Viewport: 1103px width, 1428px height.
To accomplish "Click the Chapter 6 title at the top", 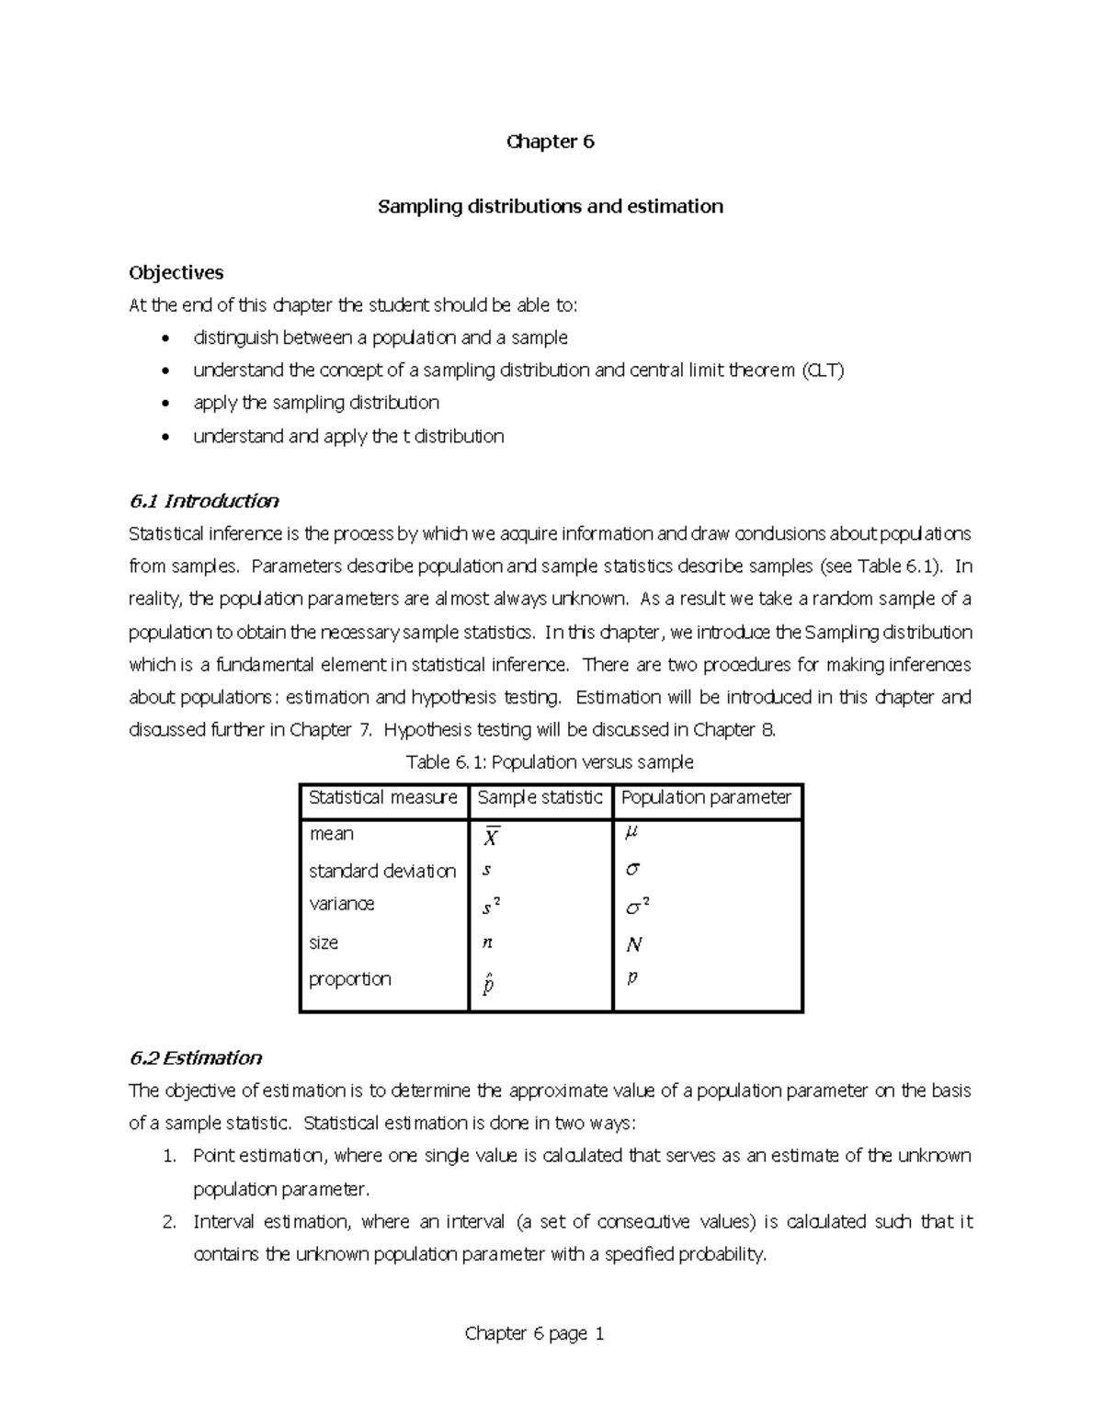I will point(551,142).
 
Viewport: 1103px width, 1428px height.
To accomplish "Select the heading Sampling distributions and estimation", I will point(551,206).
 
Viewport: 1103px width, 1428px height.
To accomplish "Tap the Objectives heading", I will point(176,272).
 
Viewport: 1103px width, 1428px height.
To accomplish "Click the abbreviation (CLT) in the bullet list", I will point(822,371).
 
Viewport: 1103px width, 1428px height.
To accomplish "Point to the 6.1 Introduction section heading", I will point(204,501).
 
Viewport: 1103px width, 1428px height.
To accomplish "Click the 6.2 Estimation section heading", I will point(196,1057).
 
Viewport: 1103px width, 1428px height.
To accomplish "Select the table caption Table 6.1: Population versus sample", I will point(550,762).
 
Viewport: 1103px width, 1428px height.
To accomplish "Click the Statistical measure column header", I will point(383,797).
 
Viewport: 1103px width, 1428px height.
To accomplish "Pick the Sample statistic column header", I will point(540,797).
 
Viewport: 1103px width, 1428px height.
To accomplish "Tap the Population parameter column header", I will point(706,797).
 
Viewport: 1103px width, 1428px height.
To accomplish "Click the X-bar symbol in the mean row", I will point(491,837).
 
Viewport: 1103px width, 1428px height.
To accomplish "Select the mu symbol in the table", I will point(631,833).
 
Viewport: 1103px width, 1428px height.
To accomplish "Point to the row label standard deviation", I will point(382,871).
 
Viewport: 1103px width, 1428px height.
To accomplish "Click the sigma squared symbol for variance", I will point(637,908).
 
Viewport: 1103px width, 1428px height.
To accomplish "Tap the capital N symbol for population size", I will point(633,944).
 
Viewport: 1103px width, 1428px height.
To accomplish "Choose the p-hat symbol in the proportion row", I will point(488,984).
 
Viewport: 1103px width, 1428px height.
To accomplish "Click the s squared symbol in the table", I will point(491,908).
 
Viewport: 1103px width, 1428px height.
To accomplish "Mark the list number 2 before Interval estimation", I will point(168,1222).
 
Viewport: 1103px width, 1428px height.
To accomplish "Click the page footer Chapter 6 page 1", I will point(534,1333).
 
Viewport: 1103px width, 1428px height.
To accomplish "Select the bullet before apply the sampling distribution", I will point(165,404).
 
